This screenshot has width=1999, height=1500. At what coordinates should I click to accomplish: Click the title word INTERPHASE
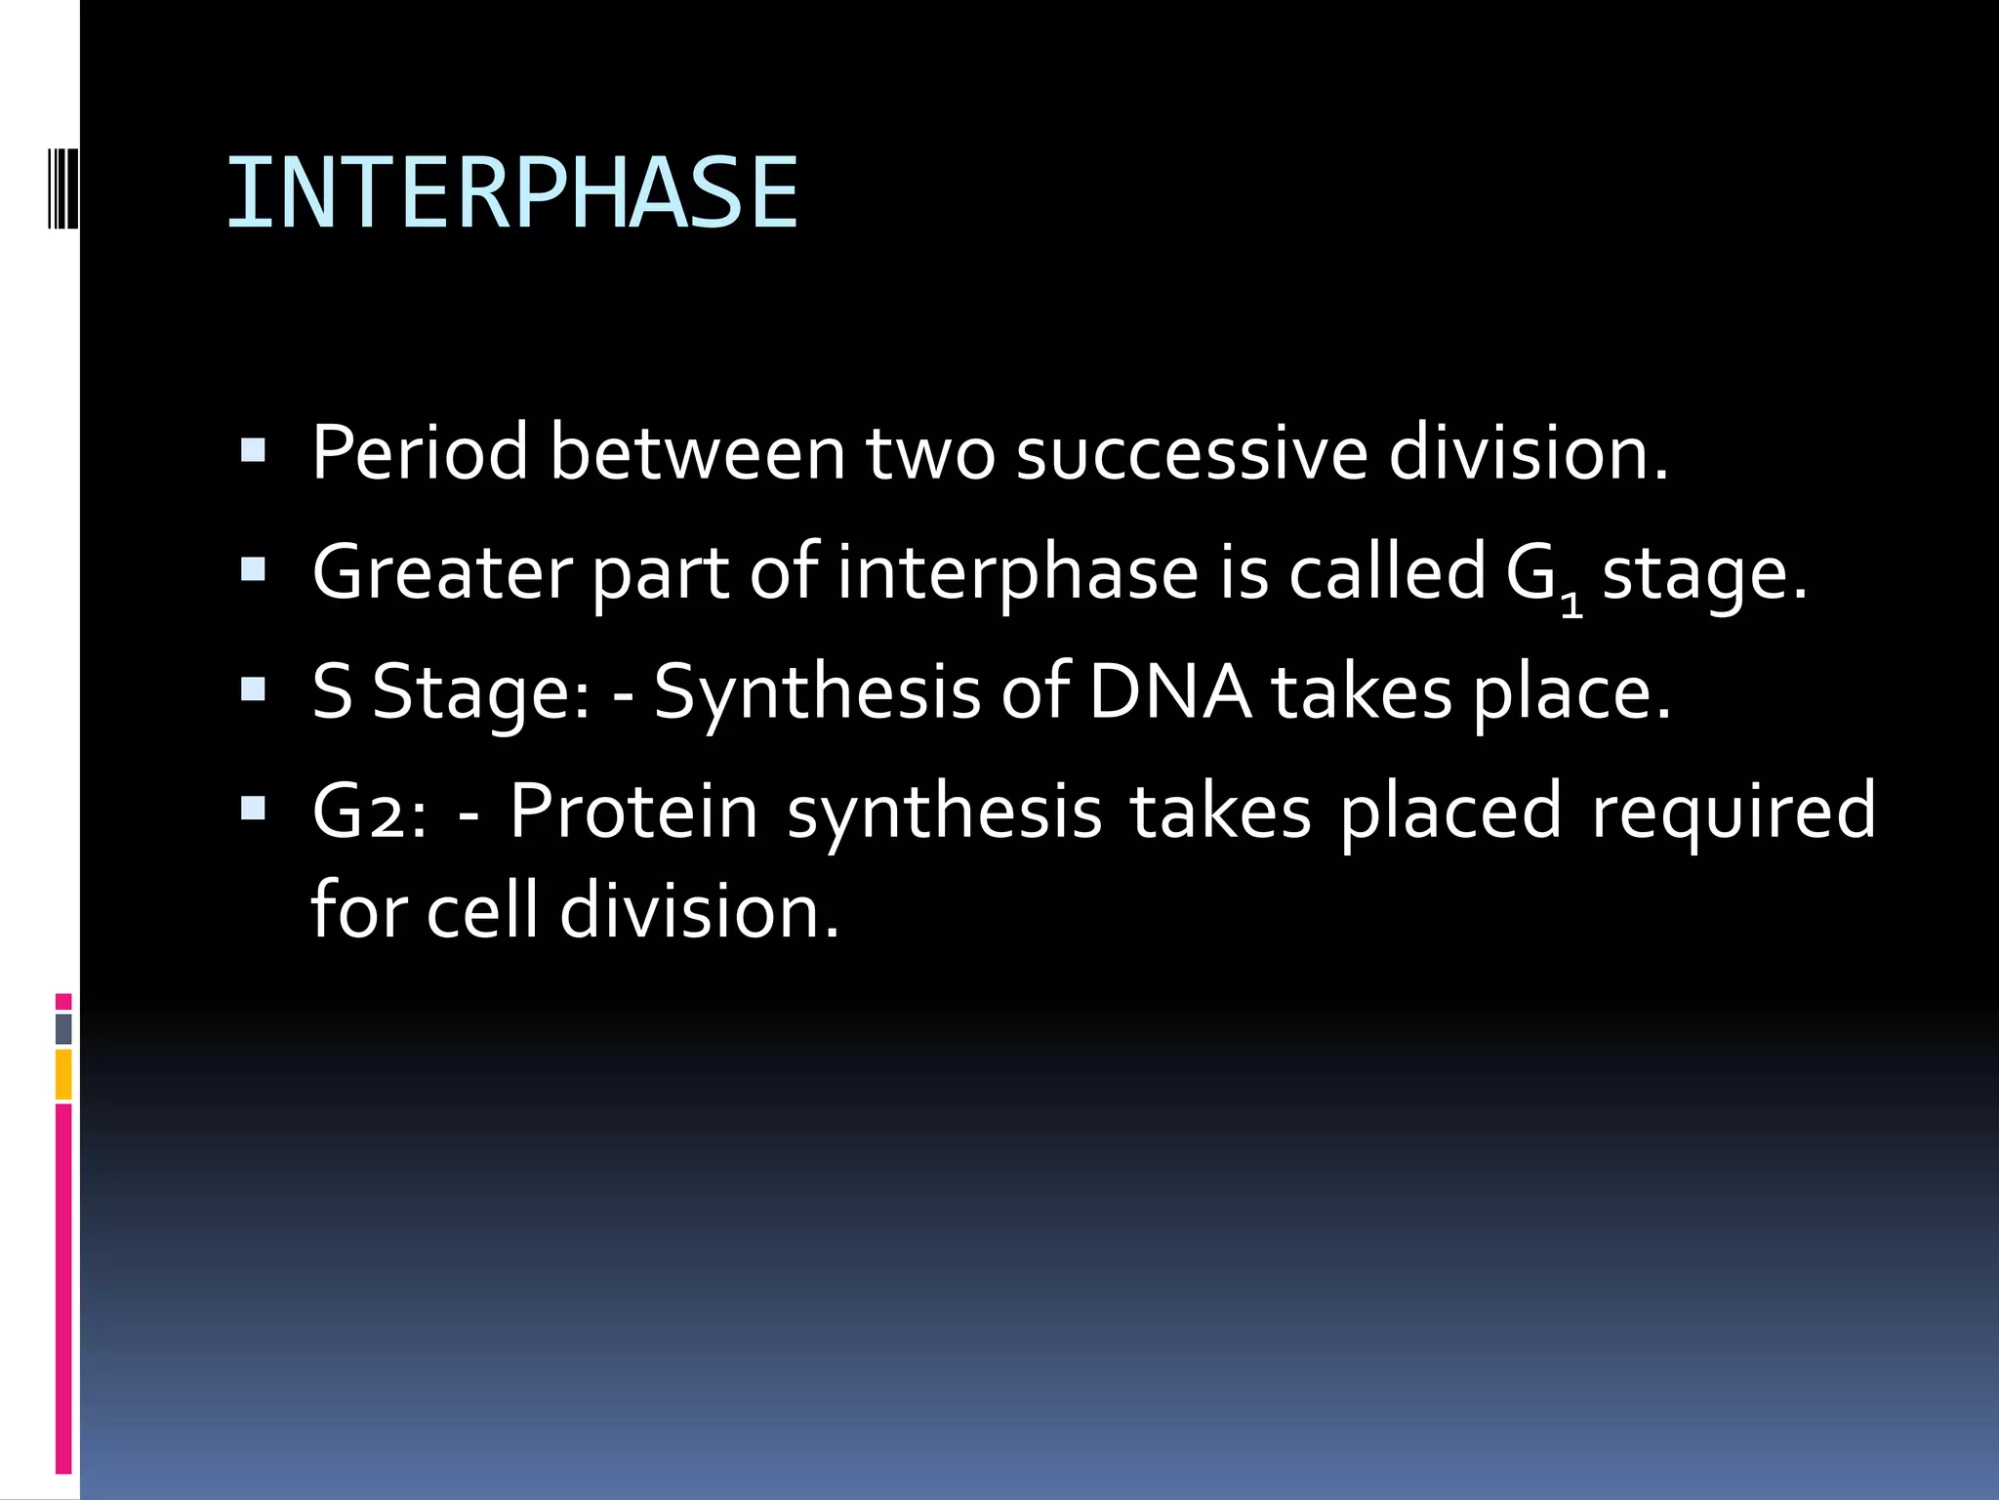coord(512,193)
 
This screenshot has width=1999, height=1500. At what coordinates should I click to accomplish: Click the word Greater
coord(441,573)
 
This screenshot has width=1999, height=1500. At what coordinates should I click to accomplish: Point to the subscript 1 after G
coord(1571,604)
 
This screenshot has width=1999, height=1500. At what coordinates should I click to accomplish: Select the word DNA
coord(1169,692)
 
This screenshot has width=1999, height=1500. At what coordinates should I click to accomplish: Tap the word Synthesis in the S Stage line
coord(817,692)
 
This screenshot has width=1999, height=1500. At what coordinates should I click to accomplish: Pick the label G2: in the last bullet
coord(369,812)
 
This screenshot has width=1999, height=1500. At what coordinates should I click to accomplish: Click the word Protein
coord(633,812)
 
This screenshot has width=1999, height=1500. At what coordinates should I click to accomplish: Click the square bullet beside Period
coord(253,450)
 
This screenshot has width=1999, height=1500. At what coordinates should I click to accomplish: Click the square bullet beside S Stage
coord(253,689)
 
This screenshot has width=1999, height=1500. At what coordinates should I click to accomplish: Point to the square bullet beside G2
coord(253,809)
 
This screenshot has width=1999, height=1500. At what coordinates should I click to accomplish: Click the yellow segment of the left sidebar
coord(63,1074)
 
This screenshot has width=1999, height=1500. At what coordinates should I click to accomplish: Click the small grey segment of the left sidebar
coord(63,1028)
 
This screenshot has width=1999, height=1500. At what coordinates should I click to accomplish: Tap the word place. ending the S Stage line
coord(1571,692)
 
